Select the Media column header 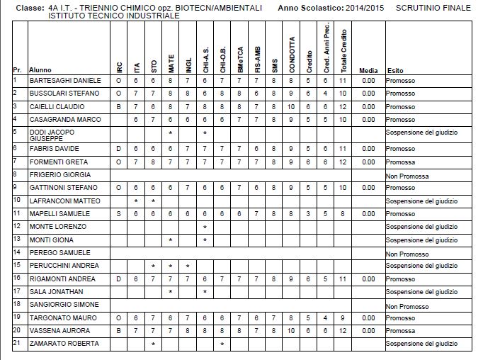(x=368, y=71)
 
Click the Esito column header (x=394, y=71)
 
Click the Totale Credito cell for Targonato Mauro (x=343, y=317)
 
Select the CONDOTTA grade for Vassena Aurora (x=291, y=330)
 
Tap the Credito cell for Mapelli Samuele (x=308, y=213)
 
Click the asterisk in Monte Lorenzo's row (x=205, y=227)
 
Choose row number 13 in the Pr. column (x=16, y=239)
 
